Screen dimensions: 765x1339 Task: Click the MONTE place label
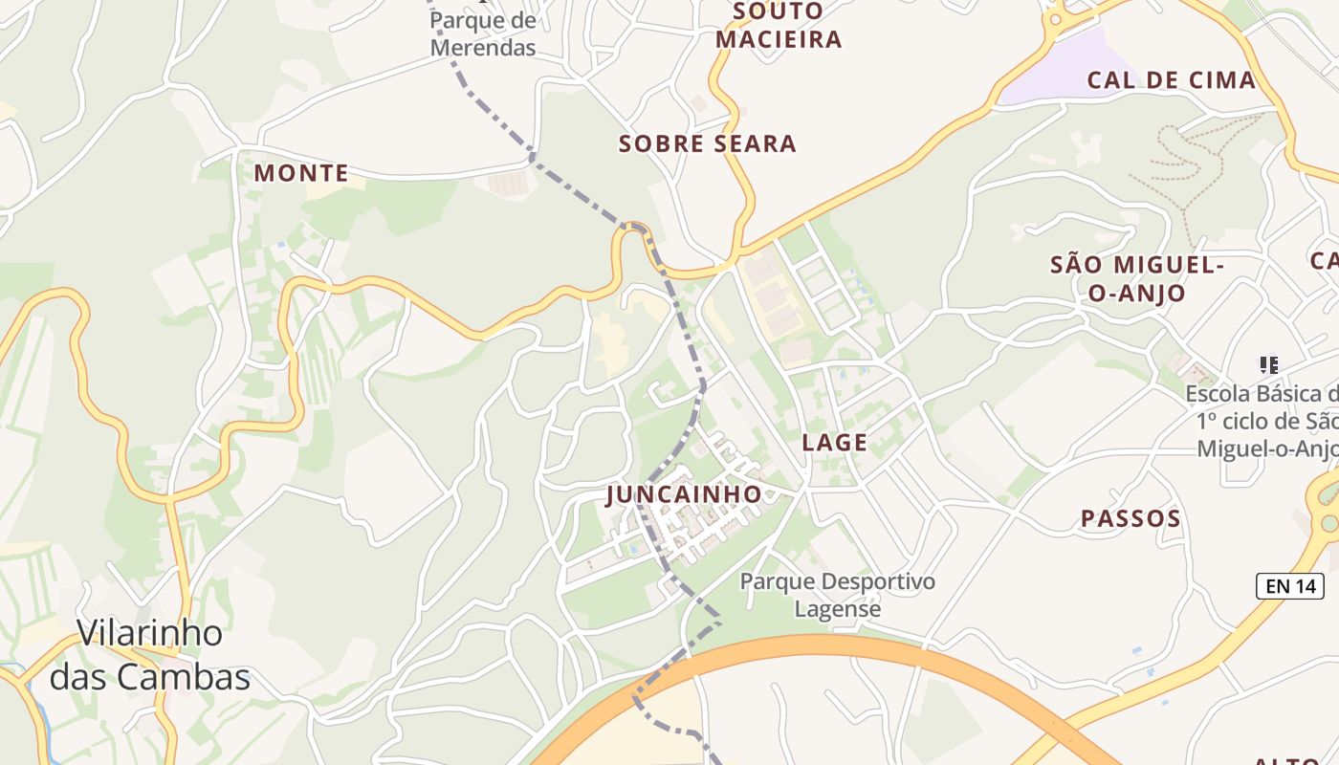pos(301,173)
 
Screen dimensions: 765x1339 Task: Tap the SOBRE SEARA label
pos(707,144)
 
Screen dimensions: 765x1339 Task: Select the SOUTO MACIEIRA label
pos(779,26)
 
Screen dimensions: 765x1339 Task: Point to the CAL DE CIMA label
pos(1172,80)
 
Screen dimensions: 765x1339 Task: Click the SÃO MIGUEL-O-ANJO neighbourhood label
pos(1136,278)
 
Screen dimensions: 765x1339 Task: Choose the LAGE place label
pos(835,443)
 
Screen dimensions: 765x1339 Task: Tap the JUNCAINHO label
pos(684,494)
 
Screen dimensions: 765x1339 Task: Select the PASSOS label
pos(1130,519)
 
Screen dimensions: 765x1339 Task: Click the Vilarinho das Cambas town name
pos(150,655)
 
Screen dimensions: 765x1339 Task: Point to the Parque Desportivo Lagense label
pos(838,595)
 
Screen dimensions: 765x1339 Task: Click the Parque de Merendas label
pos(483,33)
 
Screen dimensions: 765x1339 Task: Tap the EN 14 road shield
pos(1290,586)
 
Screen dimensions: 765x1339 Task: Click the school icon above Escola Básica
pos(1269,364)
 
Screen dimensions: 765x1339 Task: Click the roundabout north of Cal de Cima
pos(1056,18)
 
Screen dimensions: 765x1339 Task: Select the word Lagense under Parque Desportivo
pos(838,608)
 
